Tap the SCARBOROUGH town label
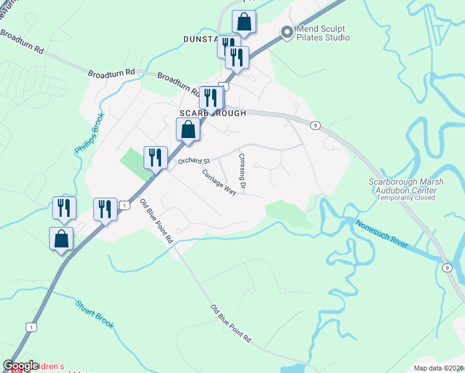213,113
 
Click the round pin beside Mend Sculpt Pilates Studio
287,32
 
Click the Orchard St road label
195,160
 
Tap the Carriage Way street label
219,182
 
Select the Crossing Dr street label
242,172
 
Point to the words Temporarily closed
406,198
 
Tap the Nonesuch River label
382,233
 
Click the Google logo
21,366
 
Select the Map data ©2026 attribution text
438,368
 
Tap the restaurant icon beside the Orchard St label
155,157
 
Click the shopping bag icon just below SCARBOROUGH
188,130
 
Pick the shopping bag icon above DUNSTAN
244,22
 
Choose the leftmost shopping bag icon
61,239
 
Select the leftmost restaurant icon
64,208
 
